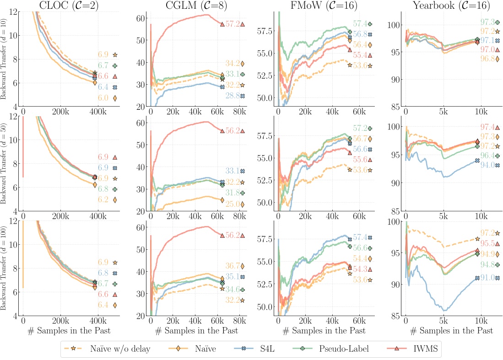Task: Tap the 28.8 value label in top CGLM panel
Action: [232, 96]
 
